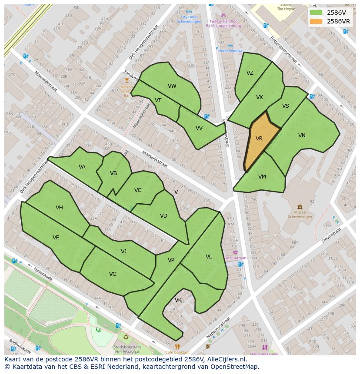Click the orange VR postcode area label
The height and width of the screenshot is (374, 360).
click(x=259, y=139)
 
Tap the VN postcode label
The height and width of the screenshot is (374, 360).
click(x=302, y=136)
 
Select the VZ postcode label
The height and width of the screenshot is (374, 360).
click(x=250, y=73)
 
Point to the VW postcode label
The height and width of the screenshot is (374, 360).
click(x=172, y=86)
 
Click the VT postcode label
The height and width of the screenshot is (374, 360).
click(x=158, y=100)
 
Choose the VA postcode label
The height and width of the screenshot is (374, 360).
click(x=82, y=167)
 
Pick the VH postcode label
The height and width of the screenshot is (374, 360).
click(x=59, y=208)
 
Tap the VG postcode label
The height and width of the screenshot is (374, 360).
click(x=113, y=274)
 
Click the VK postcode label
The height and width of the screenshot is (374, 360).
click(x=178, y=300)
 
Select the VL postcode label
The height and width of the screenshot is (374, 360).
click(x=209, y=257)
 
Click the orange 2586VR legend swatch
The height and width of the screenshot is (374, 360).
click(x=316, y=21)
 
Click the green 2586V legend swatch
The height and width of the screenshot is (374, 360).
click(x=316, y=13)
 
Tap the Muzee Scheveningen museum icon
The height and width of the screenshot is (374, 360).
click(x=300, y=207)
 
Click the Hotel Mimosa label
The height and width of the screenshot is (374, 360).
click(x=230, y=51)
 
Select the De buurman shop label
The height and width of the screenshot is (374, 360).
click(x=235, y=258)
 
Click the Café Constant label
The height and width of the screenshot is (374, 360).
click(x=177, y=352)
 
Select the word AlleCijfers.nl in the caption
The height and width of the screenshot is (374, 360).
click(x=226, y=359)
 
